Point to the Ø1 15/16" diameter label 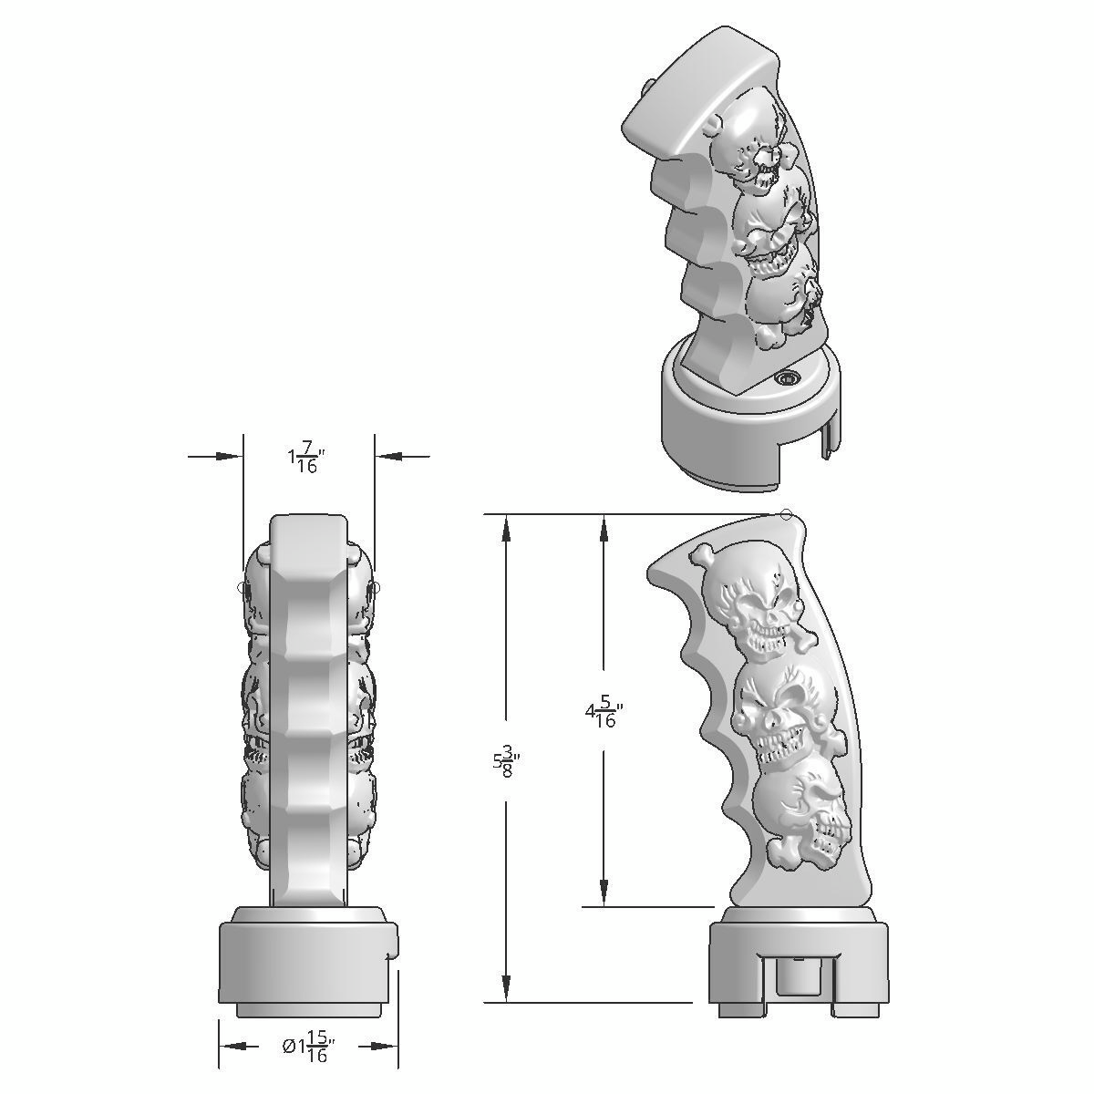point(306,1048)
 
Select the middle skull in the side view point(776,710)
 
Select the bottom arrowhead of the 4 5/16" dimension point(604,893)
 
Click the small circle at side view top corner point(787,515)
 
